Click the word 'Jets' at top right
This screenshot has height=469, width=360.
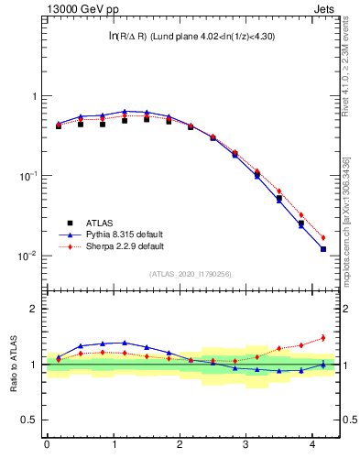pos(325,9)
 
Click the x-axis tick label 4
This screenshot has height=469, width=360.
pos(312,446)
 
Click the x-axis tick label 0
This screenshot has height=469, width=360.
pos(47,446)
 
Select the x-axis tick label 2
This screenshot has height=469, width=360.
pos(180,446)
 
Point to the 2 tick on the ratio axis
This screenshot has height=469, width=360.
pos(35,309)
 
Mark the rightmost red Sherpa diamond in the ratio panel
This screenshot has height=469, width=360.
pos(322,338)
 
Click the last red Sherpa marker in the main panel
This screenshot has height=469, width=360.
pos(322,238)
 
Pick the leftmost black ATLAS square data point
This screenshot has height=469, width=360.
pos(58,126)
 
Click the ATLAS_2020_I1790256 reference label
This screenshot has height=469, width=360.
pos(191,274)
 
